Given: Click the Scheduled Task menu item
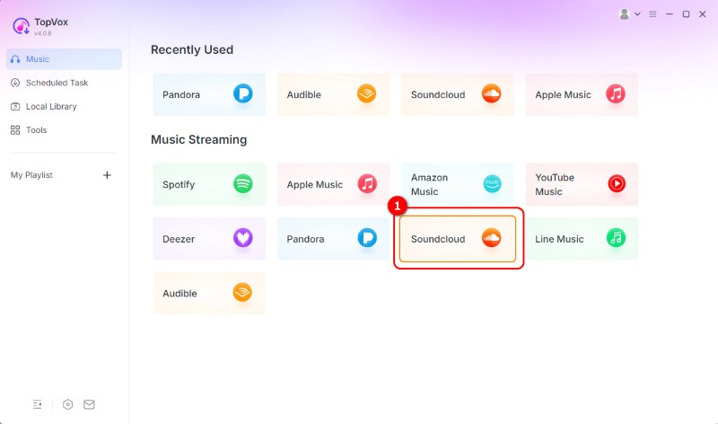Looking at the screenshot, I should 56,83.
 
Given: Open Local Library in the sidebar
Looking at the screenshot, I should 50,106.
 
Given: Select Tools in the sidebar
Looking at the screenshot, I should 36,130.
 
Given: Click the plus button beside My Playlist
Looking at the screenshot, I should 107,175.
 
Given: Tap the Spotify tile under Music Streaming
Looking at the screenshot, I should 209,184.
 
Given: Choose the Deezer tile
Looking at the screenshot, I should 209,239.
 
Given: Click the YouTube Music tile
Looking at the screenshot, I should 582,184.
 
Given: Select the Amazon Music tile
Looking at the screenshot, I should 457,184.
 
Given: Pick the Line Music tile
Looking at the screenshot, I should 582,239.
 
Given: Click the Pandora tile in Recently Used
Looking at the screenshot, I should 209,94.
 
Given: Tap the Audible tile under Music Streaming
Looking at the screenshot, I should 209,293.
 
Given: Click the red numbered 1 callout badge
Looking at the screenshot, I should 396,206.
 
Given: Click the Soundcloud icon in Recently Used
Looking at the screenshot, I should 491,94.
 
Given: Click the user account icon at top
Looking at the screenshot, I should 625,14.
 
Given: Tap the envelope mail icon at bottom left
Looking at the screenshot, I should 89,404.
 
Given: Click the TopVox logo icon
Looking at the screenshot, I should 22,26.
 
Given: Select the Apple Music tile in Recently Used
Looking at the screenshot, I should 582,94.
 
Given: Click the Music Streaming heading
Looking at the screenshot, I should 198,140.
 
